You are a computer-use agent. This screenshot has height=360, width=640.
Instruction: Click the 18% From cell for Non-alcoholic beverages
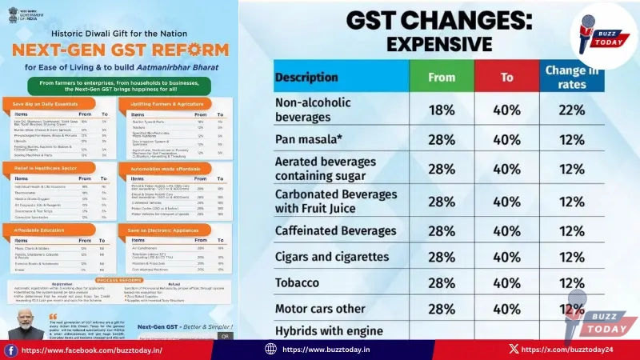(x=441, y=110)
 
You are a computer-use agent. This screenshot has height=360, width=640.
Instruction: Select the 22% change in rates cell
(x=571, y=110)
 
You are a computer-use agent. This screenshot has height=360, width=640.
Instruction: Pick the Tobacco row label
(x=298, y=282)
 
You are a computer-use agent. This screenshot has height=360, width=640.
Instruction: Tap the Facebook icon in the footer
(x=11, y=350)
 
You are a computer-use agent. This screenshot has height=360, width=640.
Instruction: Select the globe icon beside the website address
(x=270, y=349)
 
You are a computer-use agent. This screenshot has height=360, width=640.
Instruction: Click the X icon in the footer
(x=513, y=349)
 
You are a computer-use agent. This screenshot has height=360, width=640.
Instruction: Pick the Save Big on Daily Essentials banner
(x=45, y=105)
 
